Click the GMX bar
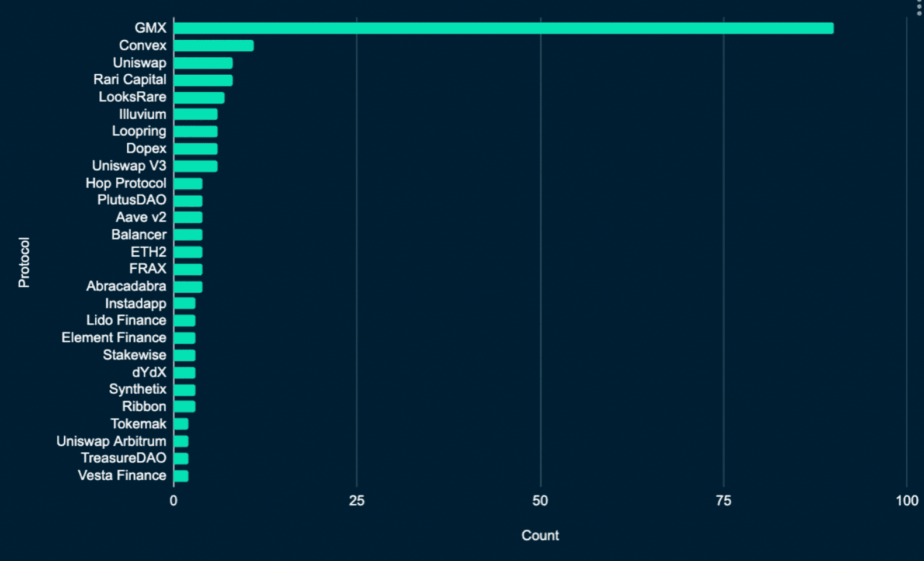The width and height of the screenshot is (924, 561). point(503,28)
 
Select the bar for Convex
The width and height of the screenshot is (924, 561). point(214,46)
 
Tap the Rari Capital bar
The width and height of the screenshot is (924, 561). point(203,80)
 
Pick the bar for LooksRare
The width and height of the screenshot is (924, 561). point(199,98)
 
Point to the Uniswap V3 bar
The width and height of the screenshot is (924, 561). point(196,167)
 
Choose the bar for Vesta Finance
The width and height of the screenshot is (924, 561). point(181,476)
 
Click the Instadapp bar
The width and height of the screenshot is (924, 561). point(185,304)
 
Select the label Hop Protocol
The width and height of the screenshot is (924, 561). point(126,183)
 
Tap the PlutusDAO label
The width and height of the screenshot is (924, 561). point(131,200)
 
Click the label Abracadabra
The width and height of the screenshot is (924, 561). point(126,286)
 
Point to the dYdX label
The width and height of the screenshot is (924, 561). point(149,372)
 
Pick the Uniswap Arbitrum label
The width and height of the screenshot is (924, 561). point(111,441)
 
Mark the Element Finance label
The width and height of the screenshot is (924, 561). point(114,338)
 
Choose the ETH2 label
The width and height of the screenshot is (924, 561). point(148,252)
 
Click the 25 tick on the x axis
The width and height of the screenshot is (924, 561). point(357,501)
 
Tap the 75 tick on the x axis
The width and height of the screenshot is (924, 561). point(724,501)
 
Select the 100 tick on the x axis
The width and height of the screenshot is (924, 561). point(906,501)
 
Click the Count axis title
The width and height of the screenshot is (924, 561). point(540,535)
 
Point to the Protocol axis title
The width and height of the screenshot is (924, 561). point(24,262)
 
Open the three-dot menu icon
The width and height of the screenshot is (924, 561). point(919,8)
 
